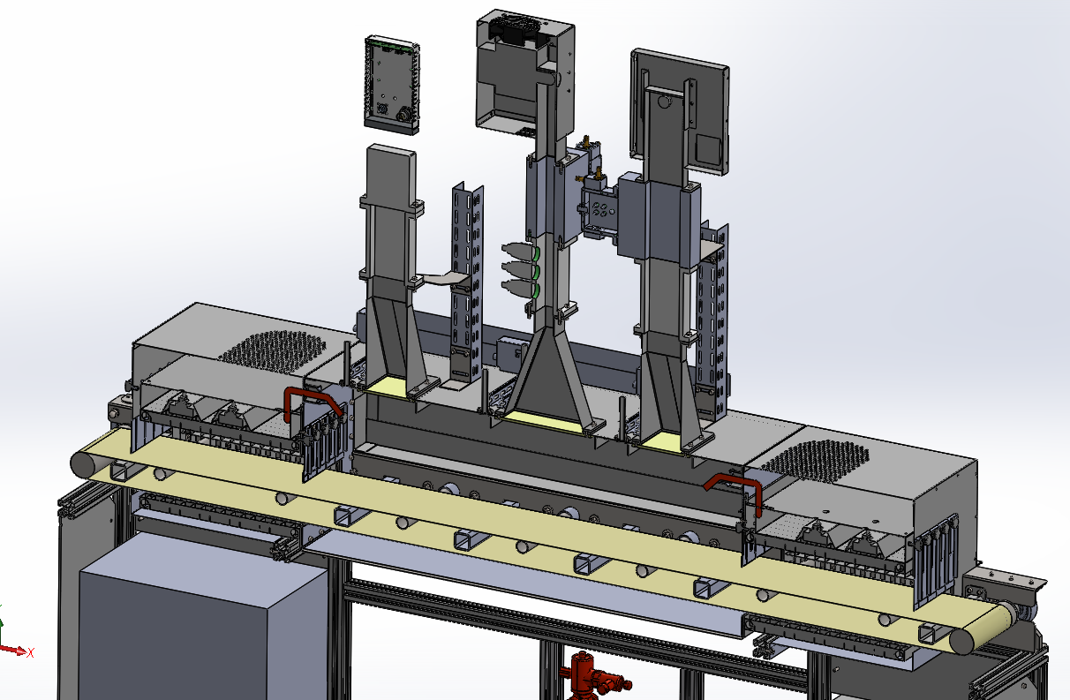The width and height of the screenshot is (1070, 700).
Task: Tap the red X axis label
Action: coord(31,652)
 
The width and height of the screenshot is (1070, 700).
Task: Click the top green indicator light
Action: coord(536,253)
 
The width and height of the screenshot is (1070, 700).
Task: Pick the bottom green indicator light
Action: coord(536,291)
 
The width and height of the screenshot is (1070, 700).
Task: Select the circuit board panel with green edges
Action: coord(392,84)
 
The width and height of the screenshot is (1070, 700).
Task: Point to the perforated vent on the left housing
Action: coord(272,351)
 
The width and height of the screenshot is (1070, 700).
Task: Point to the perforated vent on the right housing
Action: coord(815,460)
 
